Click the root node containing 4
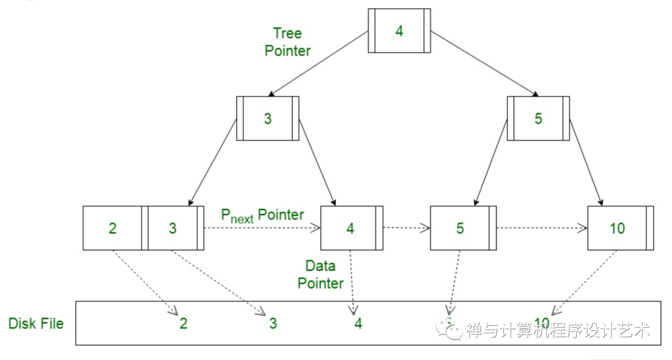point(399,30)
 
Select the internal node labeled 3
point(268,118)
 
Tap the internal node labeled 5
point(538,118)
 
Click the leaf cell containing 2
point(113,228)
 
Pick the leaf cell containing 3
point(173,228)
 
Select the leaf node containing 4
point(350,228)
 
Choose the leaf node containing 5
point(460,228)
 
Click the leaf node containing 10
point(617,228)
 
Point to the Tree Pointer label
point(287,42)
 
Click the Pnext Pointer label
point(263,216)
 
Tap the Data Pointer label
point(320,274)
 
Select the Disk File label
point(36,323)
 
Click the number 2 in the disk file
point(184,323)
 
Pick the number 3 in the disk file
point(273,323)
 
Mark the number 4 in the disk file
point(358,323)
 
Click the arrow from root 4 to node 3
point(317,63)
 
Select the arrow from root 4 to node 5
point(483,63)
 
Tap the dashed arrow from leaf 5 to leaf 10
point(541,228)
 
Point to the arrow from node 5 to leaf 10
point(586,159)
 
